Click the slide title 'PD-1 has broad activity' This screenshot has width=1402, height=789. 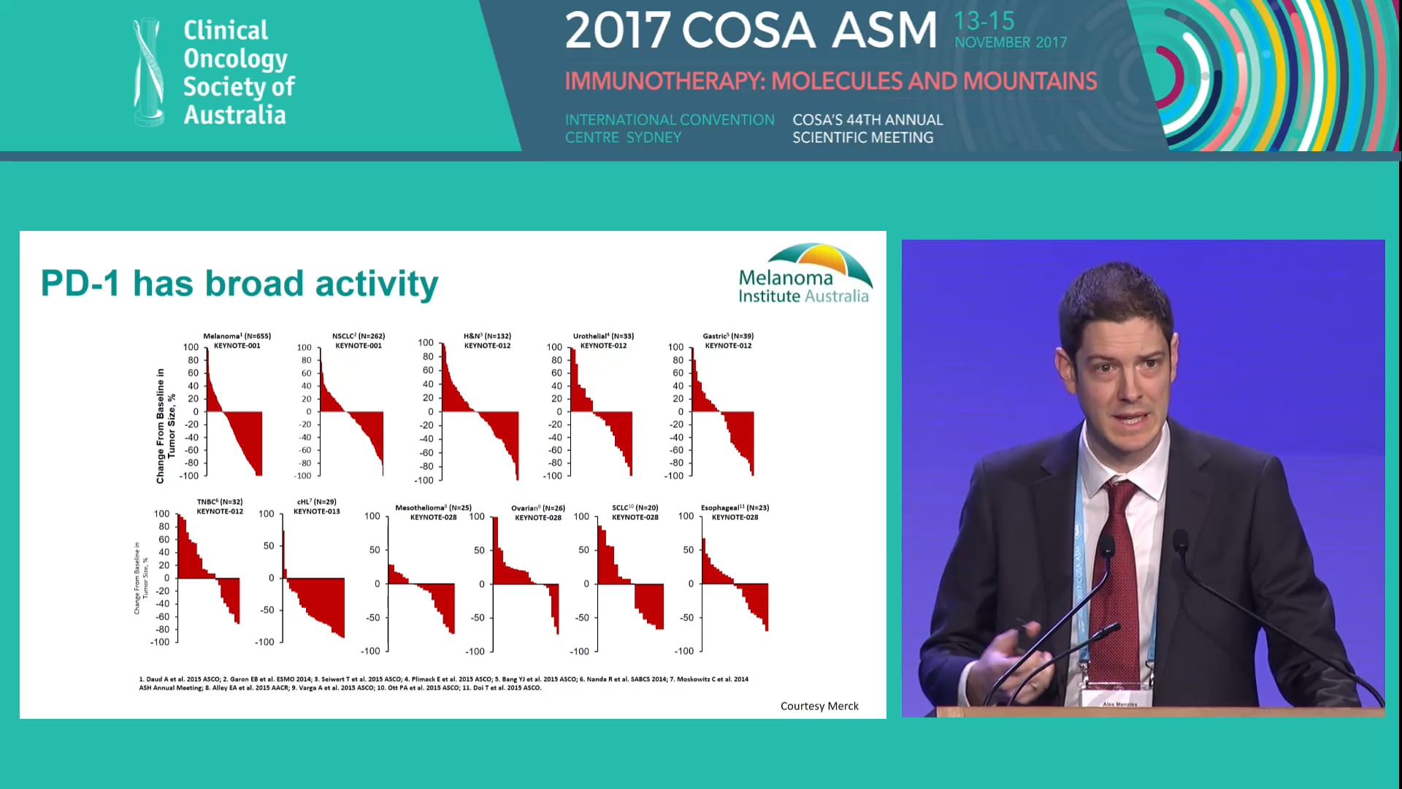pos(239,283)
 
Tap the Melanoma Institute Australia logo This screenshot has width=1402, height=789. pos(805,275)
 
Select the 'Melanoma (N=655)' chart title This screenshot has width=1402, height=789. pos(237,337)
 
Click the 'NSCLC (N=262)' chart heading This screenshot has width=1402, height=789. pos(358,337)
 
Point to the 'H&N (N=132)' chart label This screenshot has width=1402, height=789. pos(487,337)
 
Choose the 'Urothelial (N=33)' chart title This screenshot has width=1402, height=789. pos(603,337)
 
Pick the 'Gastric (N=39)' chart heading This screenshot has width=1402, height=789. pos(728,337)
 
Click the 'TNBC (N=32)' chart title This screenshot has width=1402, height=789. pos(219,503)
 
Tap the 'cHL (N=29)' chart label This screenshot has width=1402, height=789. pos(316,503)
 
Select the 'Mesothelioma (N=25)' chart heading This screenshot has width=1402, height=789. pos(433,508)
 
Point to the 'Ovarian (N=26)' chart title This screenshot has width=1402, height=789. pos(537,508)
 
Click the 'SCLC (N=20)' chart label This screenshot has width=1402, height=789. pos(635,508)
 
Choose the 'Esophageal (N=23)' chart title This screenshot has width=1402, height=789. pos(735,508)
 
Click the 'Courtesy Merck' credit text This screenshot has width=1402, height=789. pos(819,706)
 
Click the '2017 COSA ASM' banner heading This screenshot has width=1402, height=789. pos(751,31)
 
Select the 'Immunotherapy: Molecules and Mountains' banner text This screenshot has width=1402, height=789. pos(830,81)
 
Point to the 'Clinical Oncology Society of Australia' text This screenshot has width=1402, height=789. pos(237,72)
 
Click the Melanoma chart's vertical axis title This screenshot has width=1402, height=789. pos(166,426)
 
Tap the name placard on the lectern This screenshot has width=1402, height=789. pos(1119,704)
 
